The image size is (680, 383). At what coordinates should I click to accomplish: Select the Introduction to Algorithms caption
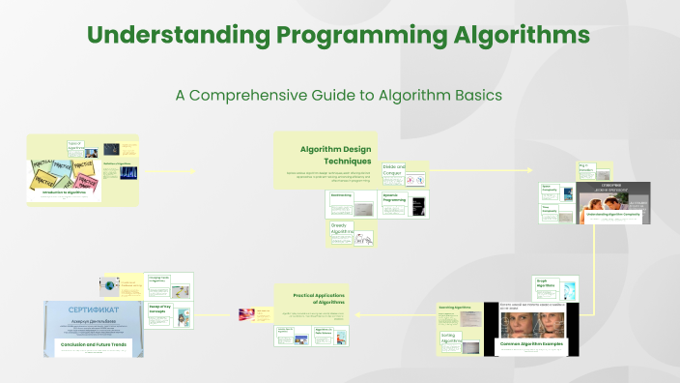tap(66, 193)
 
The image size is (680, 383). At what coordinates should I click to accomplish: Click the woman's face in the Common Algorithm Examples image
tap(530, 323)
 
